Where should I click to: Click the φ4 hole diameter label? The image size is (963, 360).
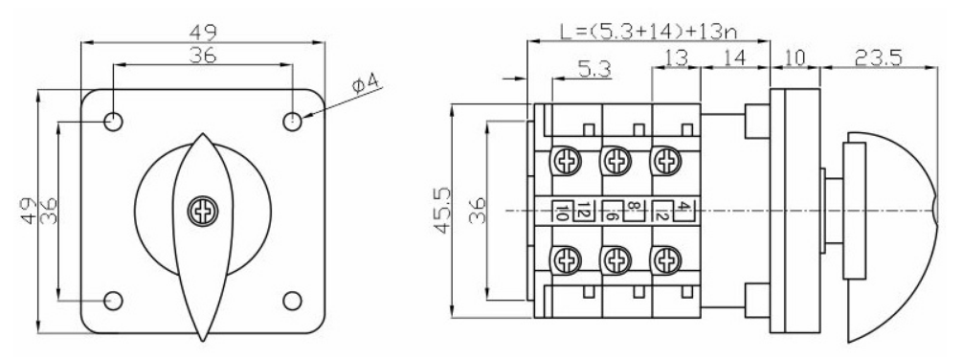367,85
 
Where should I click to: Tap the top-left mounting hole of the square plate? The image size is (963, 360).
114,122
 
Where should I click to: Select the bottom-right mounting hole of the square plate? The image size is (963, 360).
292,301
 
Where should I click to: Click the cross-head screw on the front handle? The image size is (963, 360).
202,212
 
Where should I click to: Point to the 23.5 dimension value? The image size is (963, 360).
878,57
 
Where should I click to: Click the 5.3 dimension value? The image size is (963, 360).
593,69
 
